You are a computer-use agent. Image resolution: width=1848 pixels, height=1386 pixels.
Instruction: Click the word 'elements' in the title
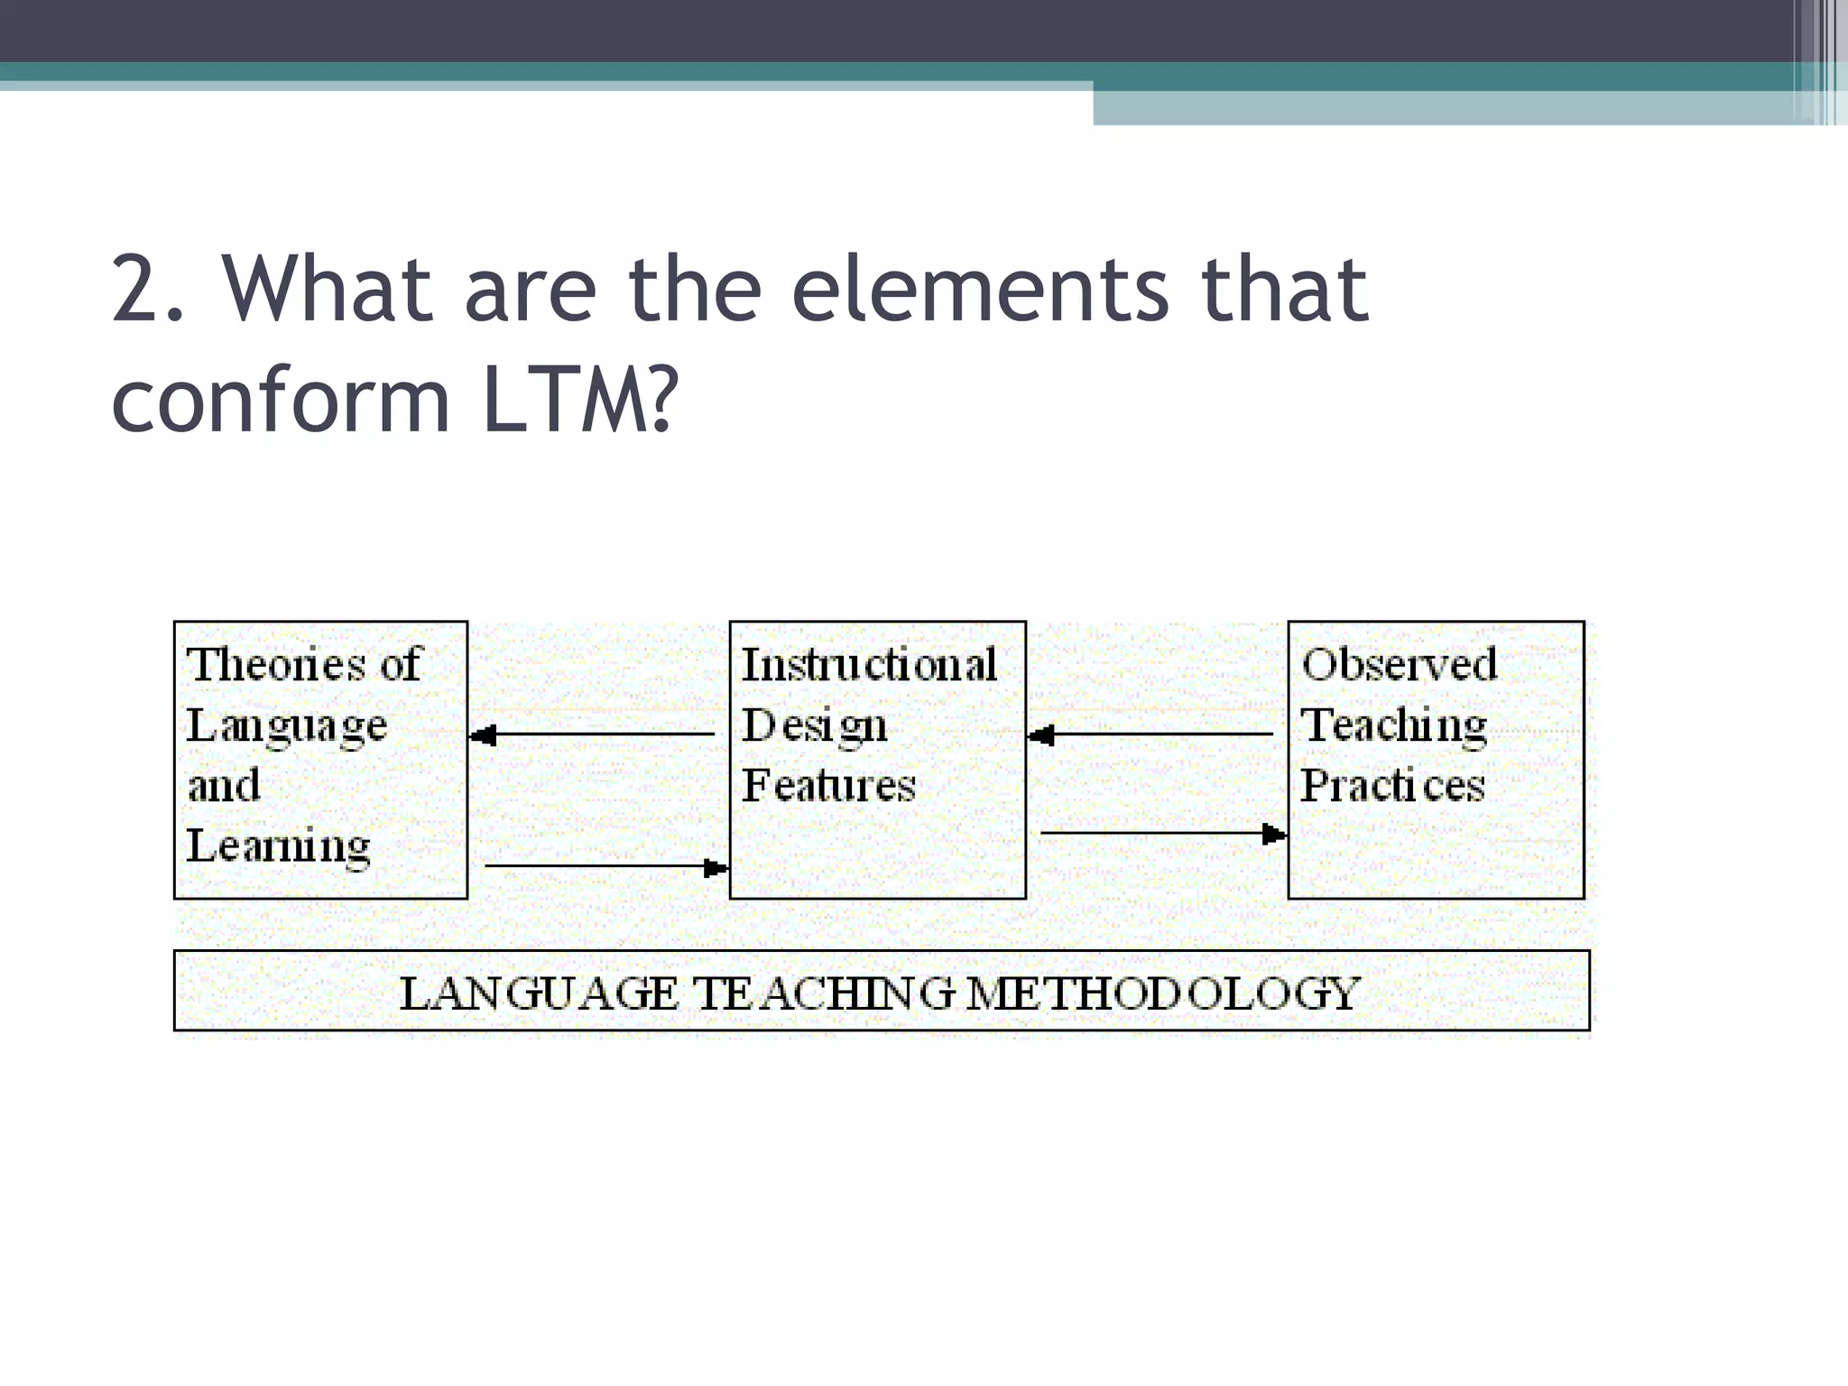[x=979, y=290]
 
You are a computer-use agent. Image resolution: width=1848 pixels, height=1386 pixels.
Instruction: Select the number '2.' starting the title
[x=149, y=290]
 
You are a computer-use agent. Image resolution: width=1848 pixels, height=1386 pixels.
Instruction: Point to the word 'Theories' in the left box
[x=274, y=665]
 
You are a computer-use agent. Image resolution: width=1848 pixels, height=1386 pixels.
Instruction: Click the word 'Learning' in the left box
[x=279, y=846]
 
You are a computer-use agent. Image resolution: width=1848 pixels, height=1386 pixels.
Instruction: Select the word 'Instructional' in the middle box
[x=869, y=665]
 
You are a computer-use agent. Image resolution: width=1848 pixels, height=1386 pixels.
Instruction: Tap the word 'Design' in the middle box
[x=814, y=726]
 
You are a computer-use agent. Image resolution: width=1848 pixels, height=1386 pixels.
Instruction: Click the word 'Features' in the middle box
[x=828, y=785]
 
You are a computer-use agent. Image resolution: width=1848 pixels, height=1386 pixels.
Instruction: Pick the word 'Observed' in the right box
[x=1399, y=665]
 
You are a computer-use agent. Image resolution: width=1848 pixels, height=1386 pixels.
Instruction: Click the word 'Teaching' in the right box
[x=1394, y=725]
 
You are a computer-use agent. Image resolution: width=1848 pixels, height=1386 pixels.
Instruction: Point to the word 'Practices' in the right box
[x=1392, y=785]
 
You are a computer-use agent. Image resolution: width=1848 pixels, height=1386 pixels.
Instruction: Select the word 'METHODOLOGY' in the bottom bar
[x=1162, y=993]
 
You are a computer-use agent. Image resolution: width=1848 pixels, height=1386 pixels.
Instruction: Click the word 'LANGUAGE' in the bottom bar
[x=539, y=993]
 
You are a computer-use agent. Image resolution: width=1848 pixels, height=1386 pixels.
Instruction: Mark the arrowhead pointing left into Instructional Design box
[x=1040, y=735]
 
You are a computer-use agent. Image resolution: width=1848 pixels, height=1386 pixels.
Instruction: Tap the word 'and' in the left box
[x=224, y=785]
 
